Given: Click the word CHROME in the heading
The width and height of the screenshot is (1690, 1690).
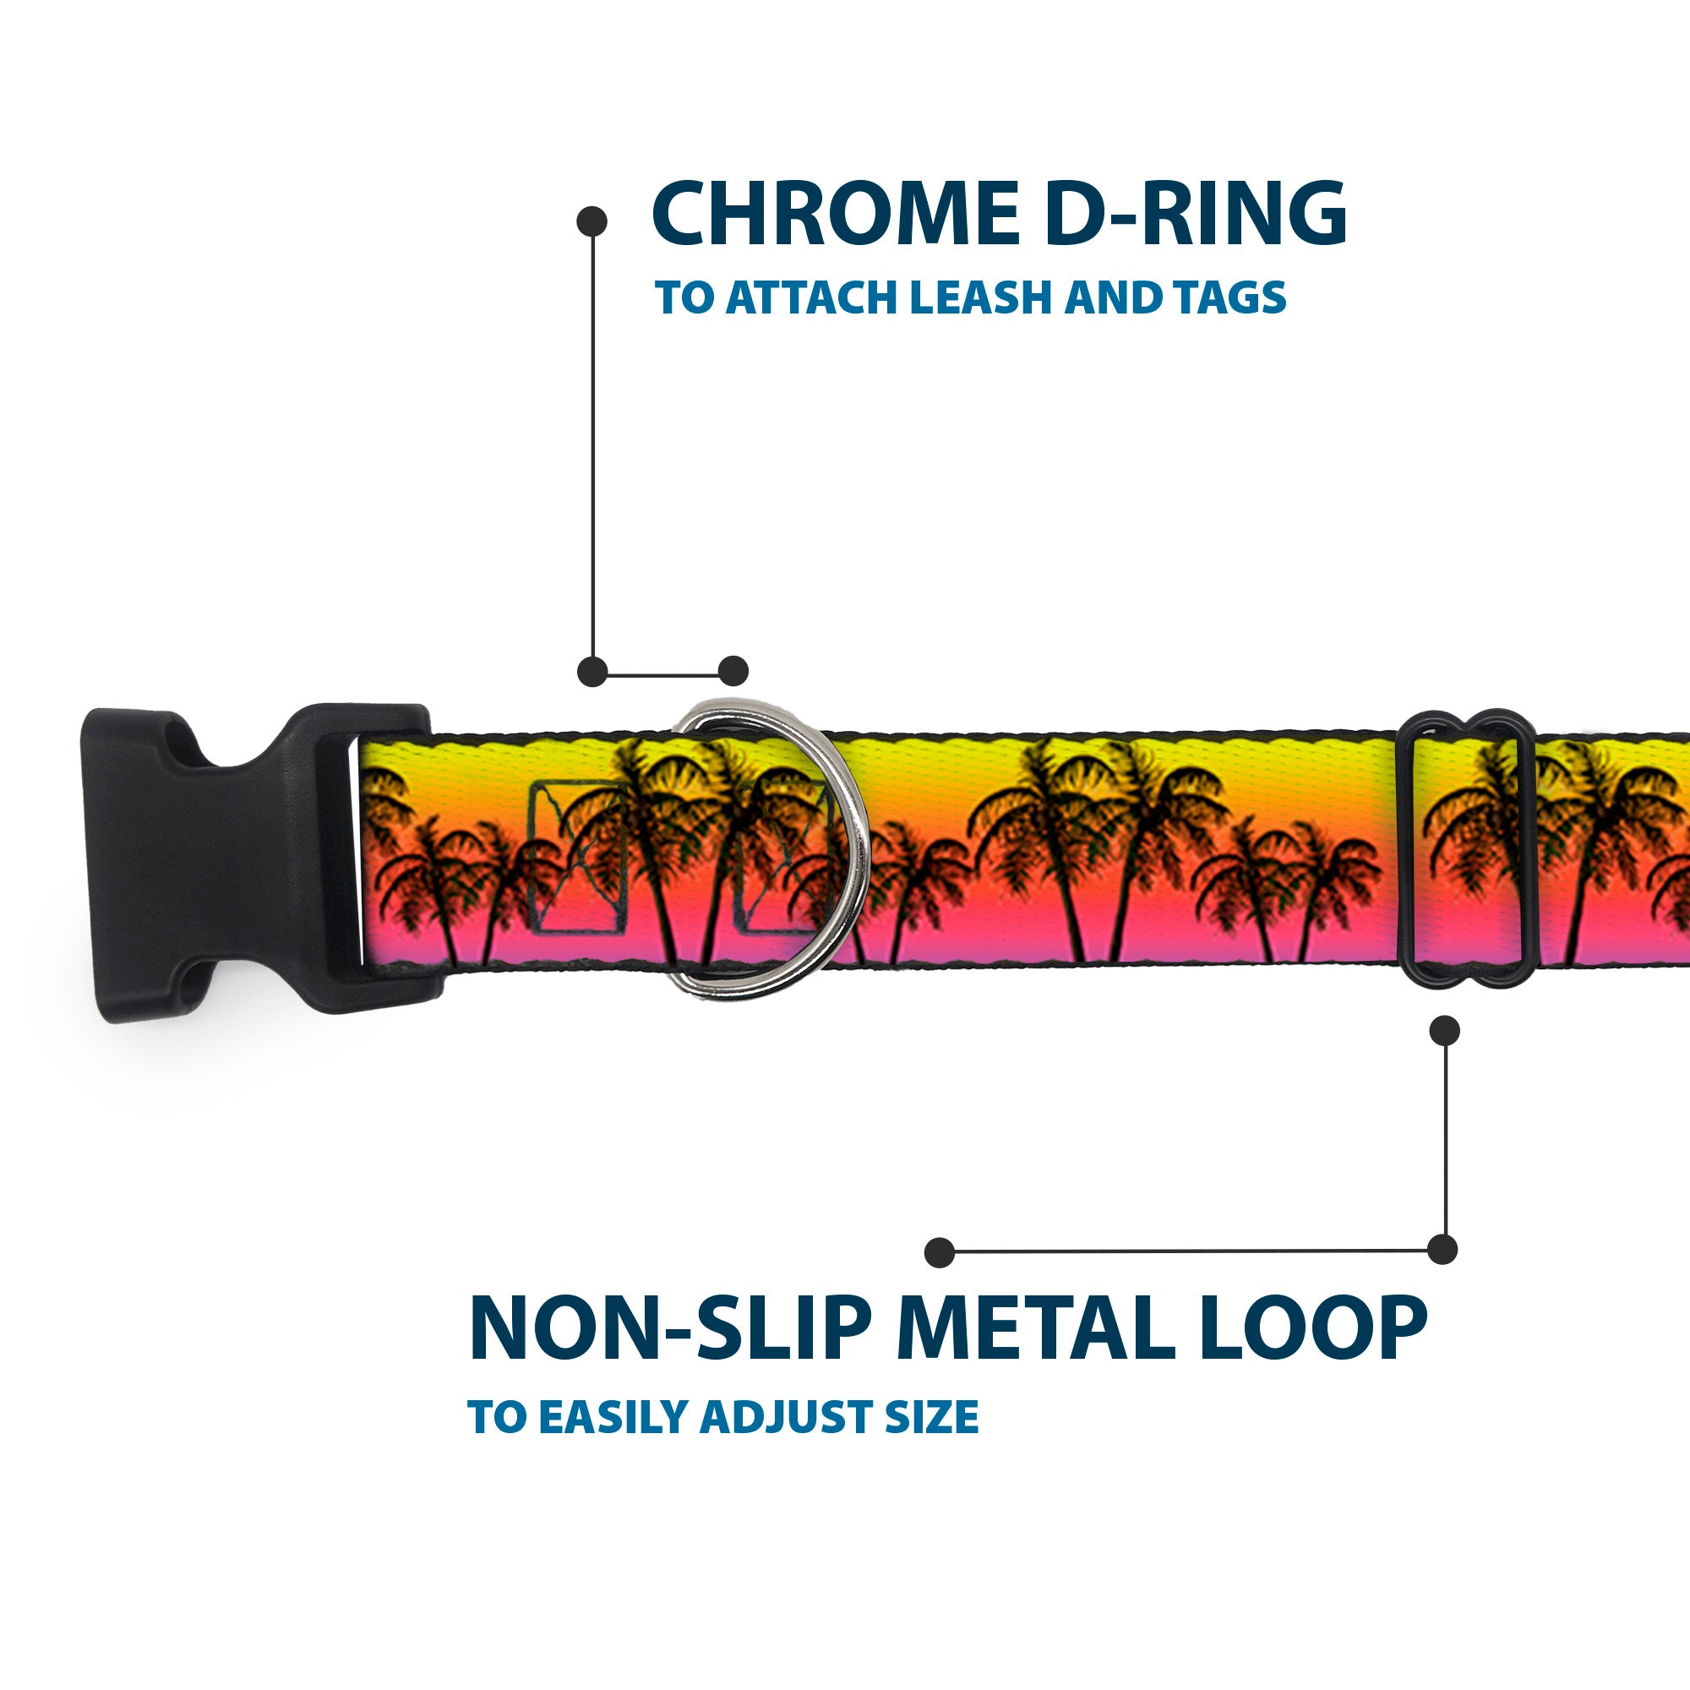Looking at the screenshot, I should [836, 214].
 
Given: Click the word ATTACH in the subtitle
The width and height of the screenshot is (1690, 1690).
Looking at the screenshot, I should [810, 297].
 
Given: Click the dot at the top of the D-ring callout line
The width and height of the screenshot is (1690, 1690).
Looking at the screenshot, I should [592, 221].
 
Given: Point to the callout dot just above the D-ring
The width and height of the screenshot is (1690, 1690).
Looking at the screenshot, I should [733, 671].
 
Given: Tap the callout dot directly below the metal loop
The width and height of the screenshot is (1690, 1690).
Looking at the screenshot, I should [1444, 1030].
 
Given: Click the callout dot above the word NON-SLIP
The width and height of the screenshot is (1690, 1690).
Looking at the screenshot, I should [940, 1251].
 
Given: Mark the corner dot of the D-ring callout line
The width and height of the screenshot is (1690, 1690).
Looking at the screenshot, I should [592, 672].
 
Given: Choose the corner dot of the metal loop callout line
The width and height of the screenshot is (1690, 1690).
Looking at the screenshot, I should [1442, 1250].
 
